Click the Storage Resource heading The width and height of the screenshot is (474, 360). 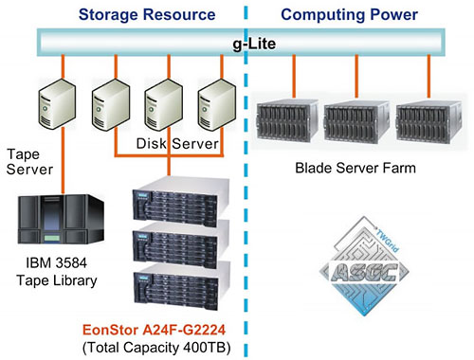coord(147,14)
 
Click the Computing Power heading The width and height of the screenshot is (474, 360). coord(349,14)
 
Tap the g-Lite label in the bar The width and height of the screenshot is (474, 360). coord(254,44)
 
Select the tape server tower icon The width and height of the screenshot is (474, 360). coord(57,103)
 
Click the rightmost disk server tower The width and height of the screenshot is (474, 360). coord(217,104)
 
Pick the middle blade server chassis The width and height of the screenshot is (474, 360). coord(356,120)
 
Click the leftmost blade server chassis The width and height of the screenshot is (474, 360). coord(287,120)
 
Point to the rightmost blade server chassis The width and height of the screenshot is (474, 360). coord(428,121)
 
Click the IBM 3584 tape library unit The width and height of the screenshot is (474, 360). coord(61,219)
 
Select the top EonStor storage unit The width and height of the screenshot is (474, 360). coord(181,202)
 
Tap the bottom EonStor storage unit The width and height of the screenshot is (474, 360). coord(181,287)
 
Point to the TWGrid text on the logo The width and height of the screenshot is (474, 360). coord(388,241)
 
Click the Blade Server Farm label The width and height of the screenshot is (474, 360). coord(355,168)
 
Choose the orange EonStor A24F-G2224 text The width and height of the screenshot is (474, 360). coord(154,330)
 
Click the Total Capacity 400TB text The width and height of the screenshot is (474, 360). coord(156,348)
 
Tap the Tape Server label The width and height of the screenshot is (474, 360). coord(29,162)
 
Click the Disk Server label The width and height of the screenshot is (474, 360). coord(177,144)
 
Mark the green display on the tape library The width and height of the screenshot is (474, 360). coord(52,238)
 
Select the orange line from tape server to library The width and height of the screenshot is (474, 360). coord(64,160)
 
